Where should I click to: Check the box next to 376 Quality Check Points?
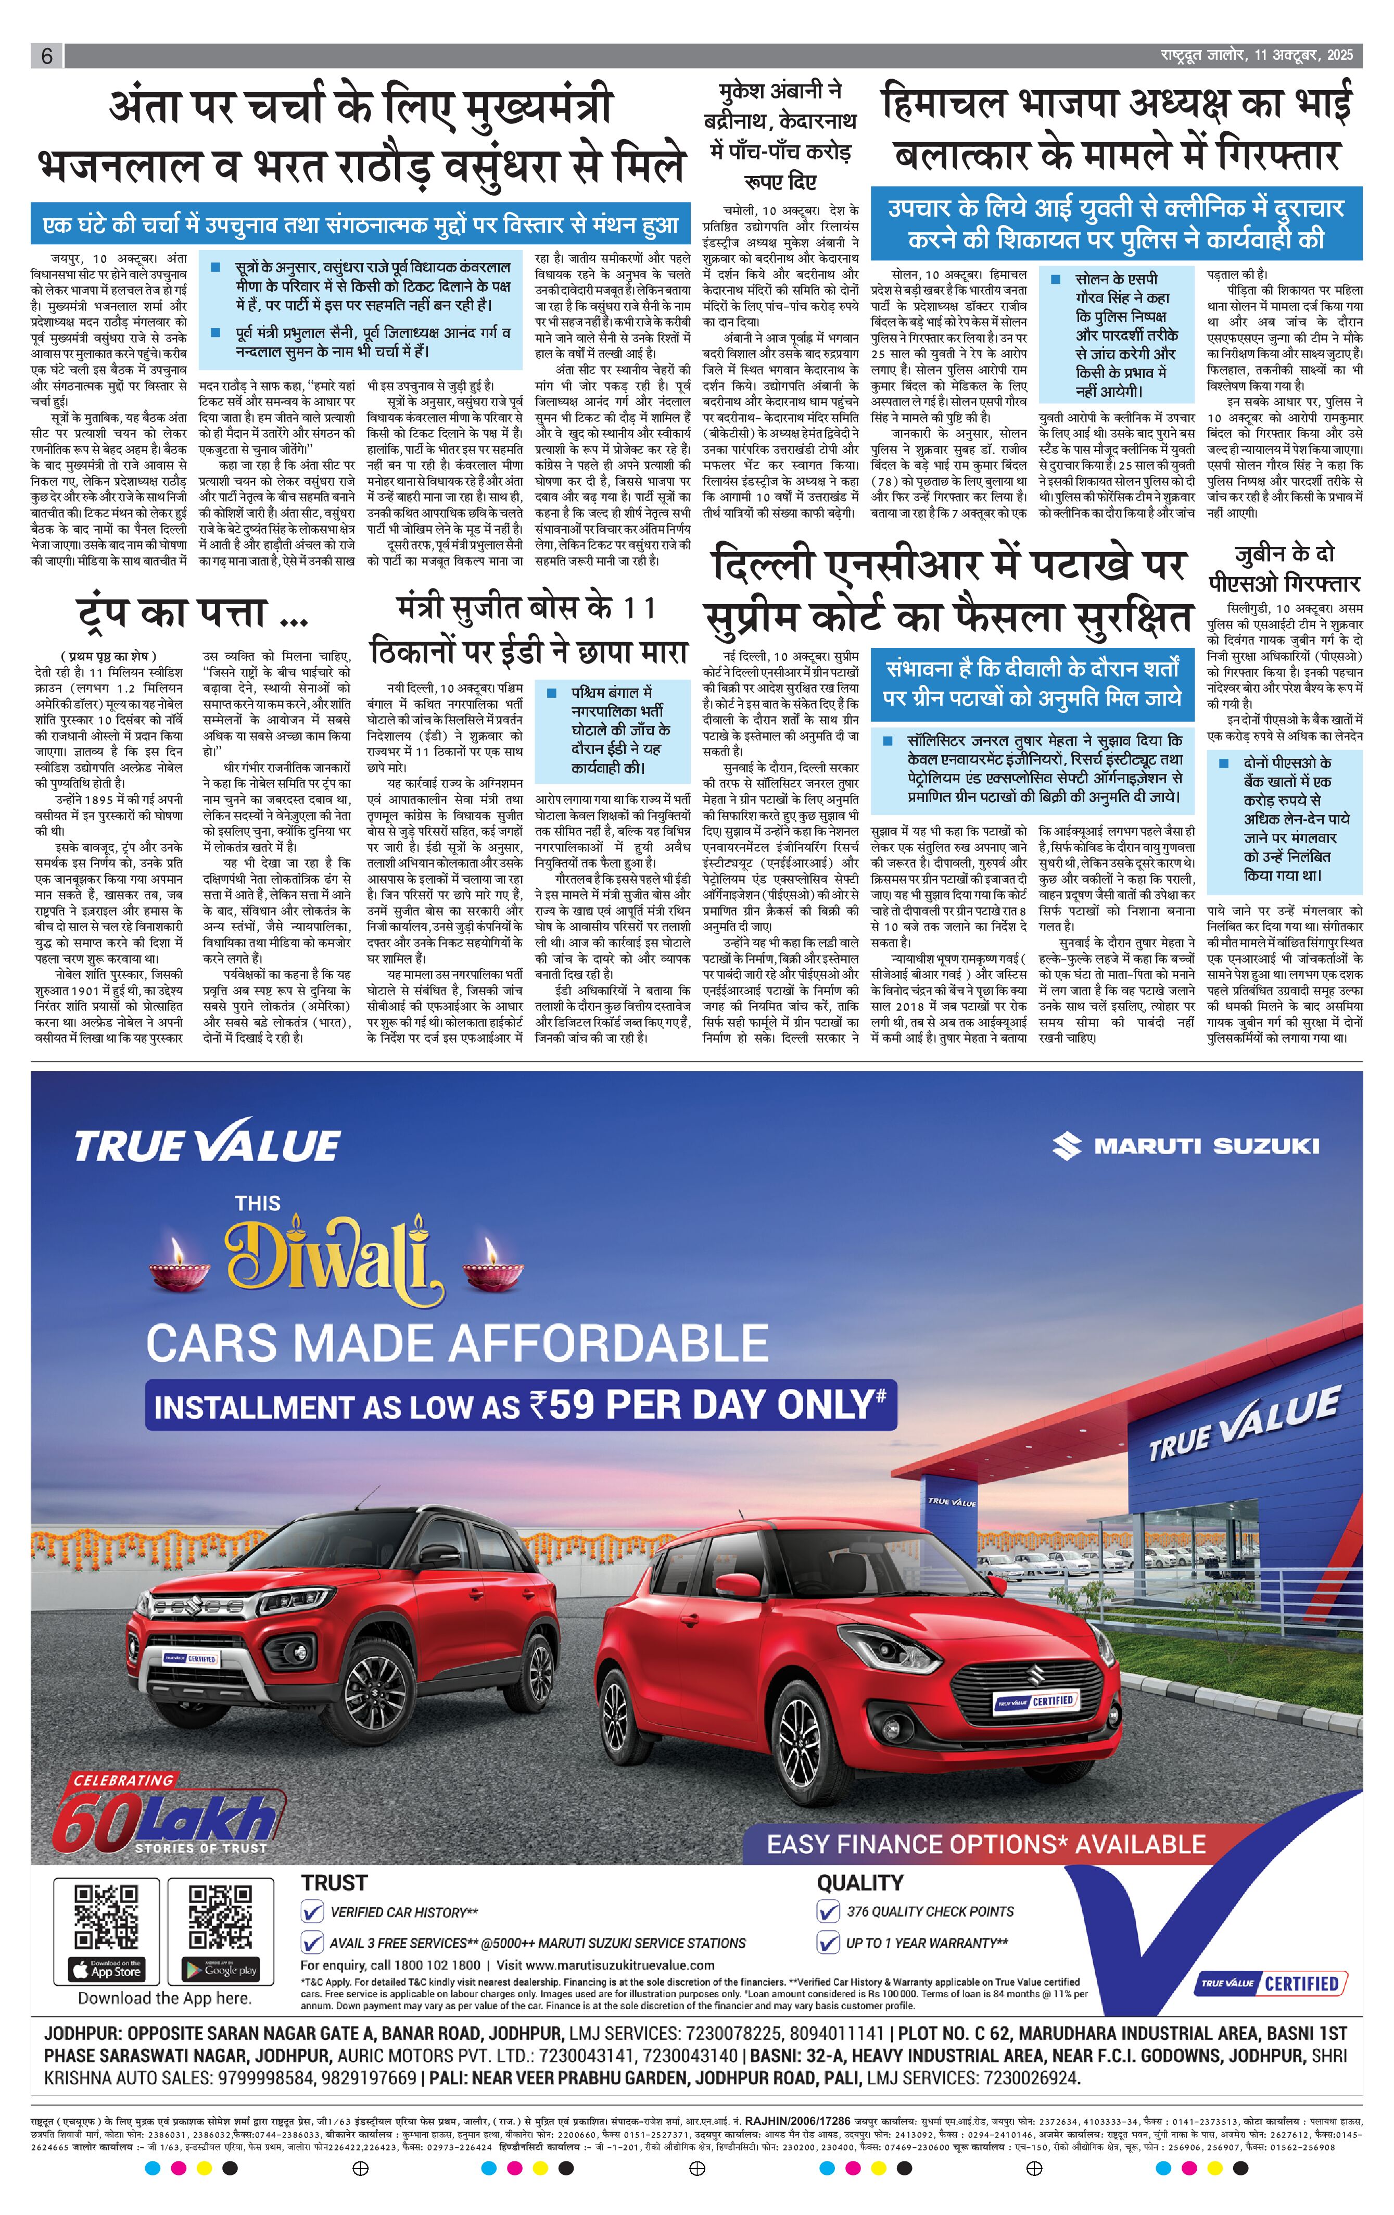pyautogui.click(x=828, y=1911)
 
